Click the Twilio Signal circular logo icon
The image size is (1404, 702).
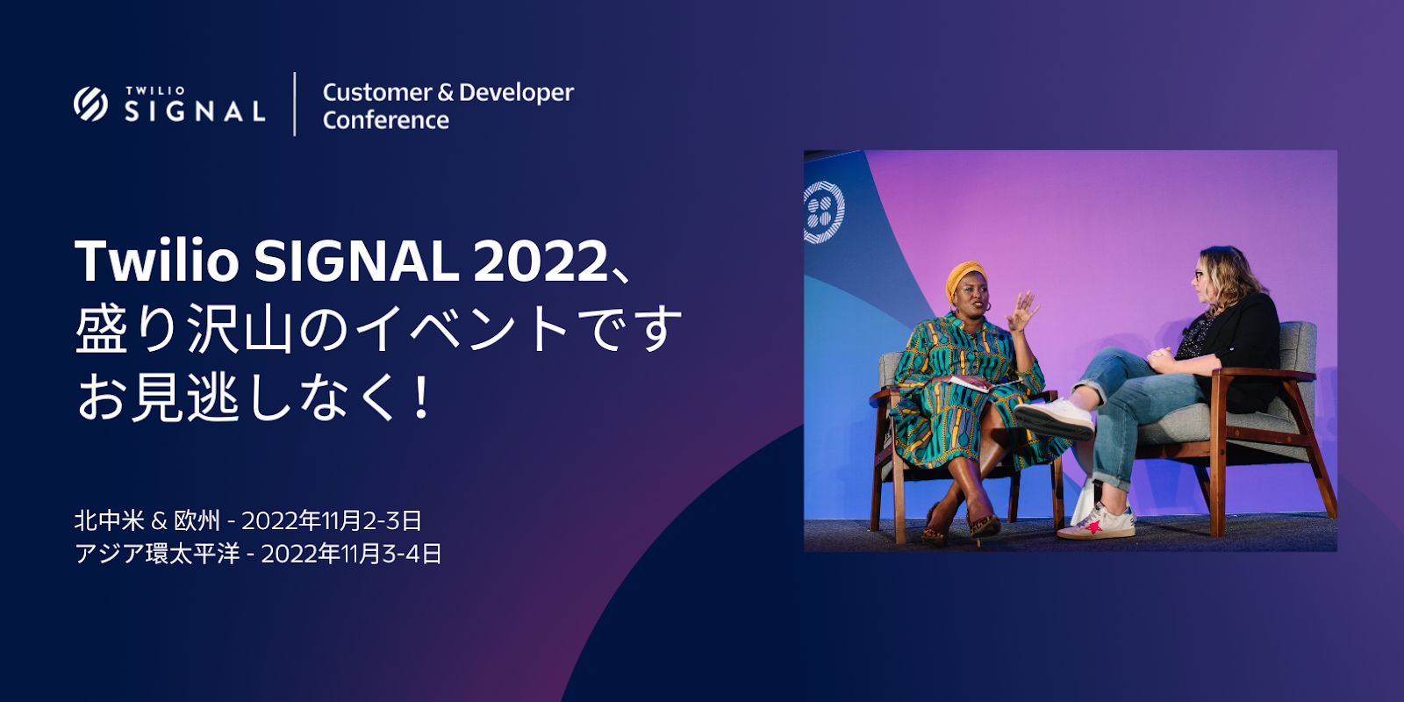click(x=90, y=104)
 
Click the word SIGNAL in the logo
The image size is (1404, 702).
click(x=195, y=111)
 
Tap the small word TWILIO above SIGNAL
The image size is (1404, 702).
click(x=154, y=91)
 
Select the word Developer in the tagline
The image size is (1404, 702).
click(x=517, y=93)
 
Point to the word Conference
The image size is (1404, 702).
click(x=385, y=120)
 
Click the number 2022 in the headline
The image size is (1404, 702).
click(x=540, y=261)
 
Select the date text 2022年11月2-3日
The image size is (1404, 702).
click(x=333, y=521)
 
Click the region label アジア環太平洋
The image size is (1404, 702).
click(x=157, y=554)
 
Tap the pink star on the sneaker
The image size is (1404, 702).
click(x=1093, y=526)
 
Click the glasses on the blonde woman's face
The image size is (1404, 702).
click(x=1199, y=275)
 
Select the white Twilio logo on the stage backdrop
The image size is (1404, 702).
click(x=824, y=211)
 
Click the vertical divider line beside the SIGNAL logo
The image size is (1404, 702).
click(x=295, y=104)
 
